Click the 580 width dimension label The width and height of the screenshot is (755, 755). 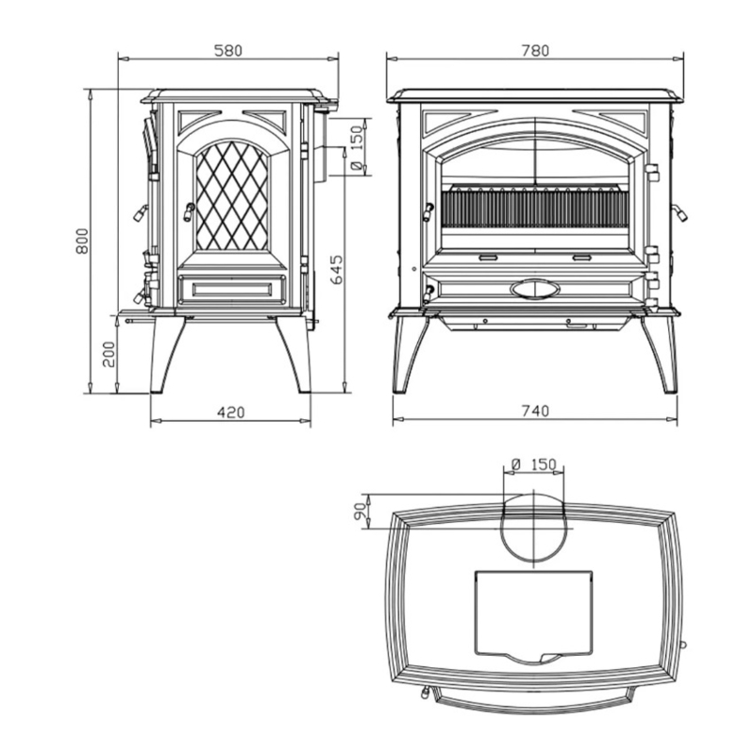click(x=227, y=51)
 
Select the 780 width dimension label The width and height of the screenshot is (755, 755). click(x=535, y=51)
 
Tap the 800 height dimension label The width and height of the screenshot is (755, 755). click(x=82, y=241)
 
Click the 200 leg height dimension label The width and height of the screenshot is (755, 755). click(x=109, y=355)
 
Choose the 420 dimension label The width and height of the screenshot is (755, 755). click(x=230, y=412)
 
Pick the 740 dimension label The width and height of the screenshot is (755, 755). click(x=535, y=411)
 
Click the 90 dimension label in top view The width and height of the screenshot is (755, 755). click(x=359, y=512)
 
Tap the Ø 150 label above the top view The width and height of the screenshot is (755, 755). click(x=533, y=464)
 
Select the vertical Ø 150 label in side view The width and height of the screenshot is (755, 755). click(x=357, y=148)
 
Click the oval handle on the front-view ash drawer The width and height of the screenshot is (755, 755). click(x=534, y=290)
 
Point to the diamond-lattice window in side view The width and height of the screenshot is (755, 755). click(x=231, y=196)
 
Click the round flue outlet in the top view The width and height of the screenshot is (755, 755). click(x=533, y=528)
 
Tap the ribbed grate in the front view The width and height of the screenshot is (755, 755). click(x=534, y=208)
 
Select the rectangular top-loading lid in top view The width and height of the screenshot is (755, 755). click(x=533, y=614)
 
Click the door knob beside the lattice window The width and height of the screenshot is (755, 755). click(x=188, y=211)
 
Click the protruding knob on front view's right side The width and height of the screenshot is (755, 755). click(x=679, y=211)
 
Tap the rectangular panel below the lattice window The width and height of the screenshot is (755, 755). click(x=231, y=289)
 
